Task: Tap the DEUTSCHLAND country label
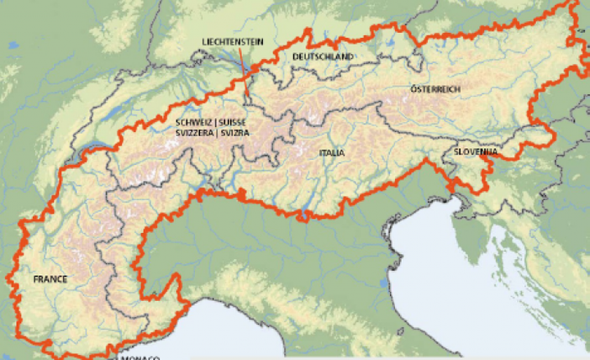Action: tap(324, 56)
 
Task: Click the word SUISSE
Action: tap(236, 123)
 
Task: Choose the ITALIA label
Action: tap(332, 153)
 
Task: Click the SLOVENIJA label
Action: tap(476, 152)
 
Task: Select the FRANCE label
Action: tap(50, 279)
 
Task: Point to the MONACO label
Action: tap(140, 357)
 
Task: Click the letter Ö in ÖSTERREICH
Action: tap(414, 89)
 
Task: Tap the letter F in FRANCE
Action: tap(36, 279)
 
